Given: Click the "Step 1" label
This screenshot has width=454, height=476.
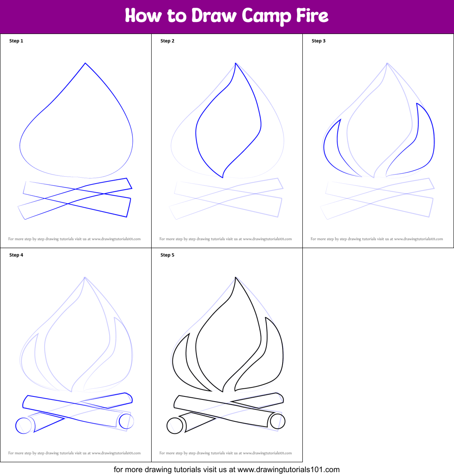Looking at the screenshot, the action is [16, 41].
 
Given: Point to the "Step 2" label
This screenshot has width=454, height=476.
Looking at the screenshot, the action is [168, 41].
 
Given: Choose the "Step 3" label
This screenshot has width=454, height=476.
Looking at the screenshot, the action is [318, 41].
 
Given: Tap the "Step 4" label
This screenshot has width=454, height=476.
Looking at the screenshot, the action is [16, 255].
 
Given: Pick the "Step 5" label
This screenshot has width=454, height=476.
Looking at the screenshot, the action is [168, 255].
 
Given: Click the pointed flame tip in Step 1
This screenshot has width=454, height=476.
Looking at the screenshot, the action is [85, 63].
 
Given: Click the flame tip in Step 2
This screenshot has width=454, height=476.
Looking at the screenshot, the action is [235, 63].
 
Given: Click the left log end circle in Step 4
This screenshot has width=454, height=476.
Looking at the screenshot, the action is [23, 426].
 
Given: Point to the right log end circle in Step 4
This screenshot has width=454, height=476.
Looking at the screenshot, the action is [126, 421].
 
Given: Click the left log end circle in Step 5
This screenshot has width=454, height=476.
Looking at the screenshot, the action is [175, 426].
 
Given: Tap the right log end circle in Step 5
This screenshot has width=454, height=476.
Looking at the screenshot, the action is [277, 421].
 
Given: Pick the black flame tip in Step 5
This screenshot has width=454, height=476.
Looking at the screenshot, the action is [235, 277].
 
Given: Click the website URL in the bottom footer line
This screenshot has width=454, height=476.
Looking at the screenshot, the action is [288, 470].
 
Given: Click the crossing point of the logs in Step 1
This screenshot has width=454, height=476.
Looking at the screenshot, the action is [75, 189].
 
